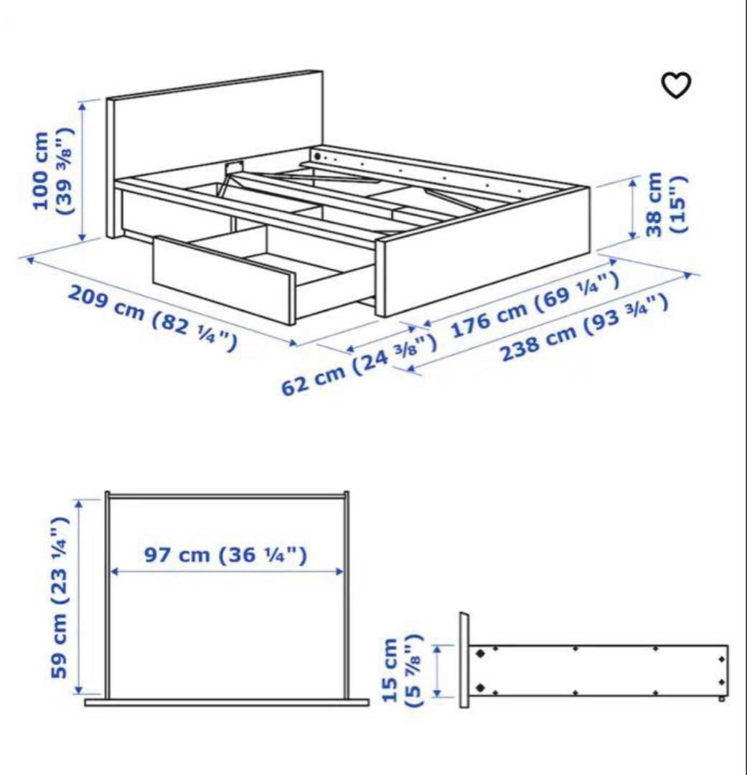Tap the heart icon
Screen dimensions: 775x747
pyautogui.click(x=675, y=86)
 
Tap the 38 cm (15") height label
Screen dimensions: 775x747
pyautogui.click(x=667, y=204)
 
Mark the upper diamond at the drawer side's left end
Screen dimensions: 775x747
pyautogui.click(x=479, y=653)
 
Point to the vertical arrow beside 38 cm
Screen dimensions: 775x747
pyautogui.click(x=633, y=209)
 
